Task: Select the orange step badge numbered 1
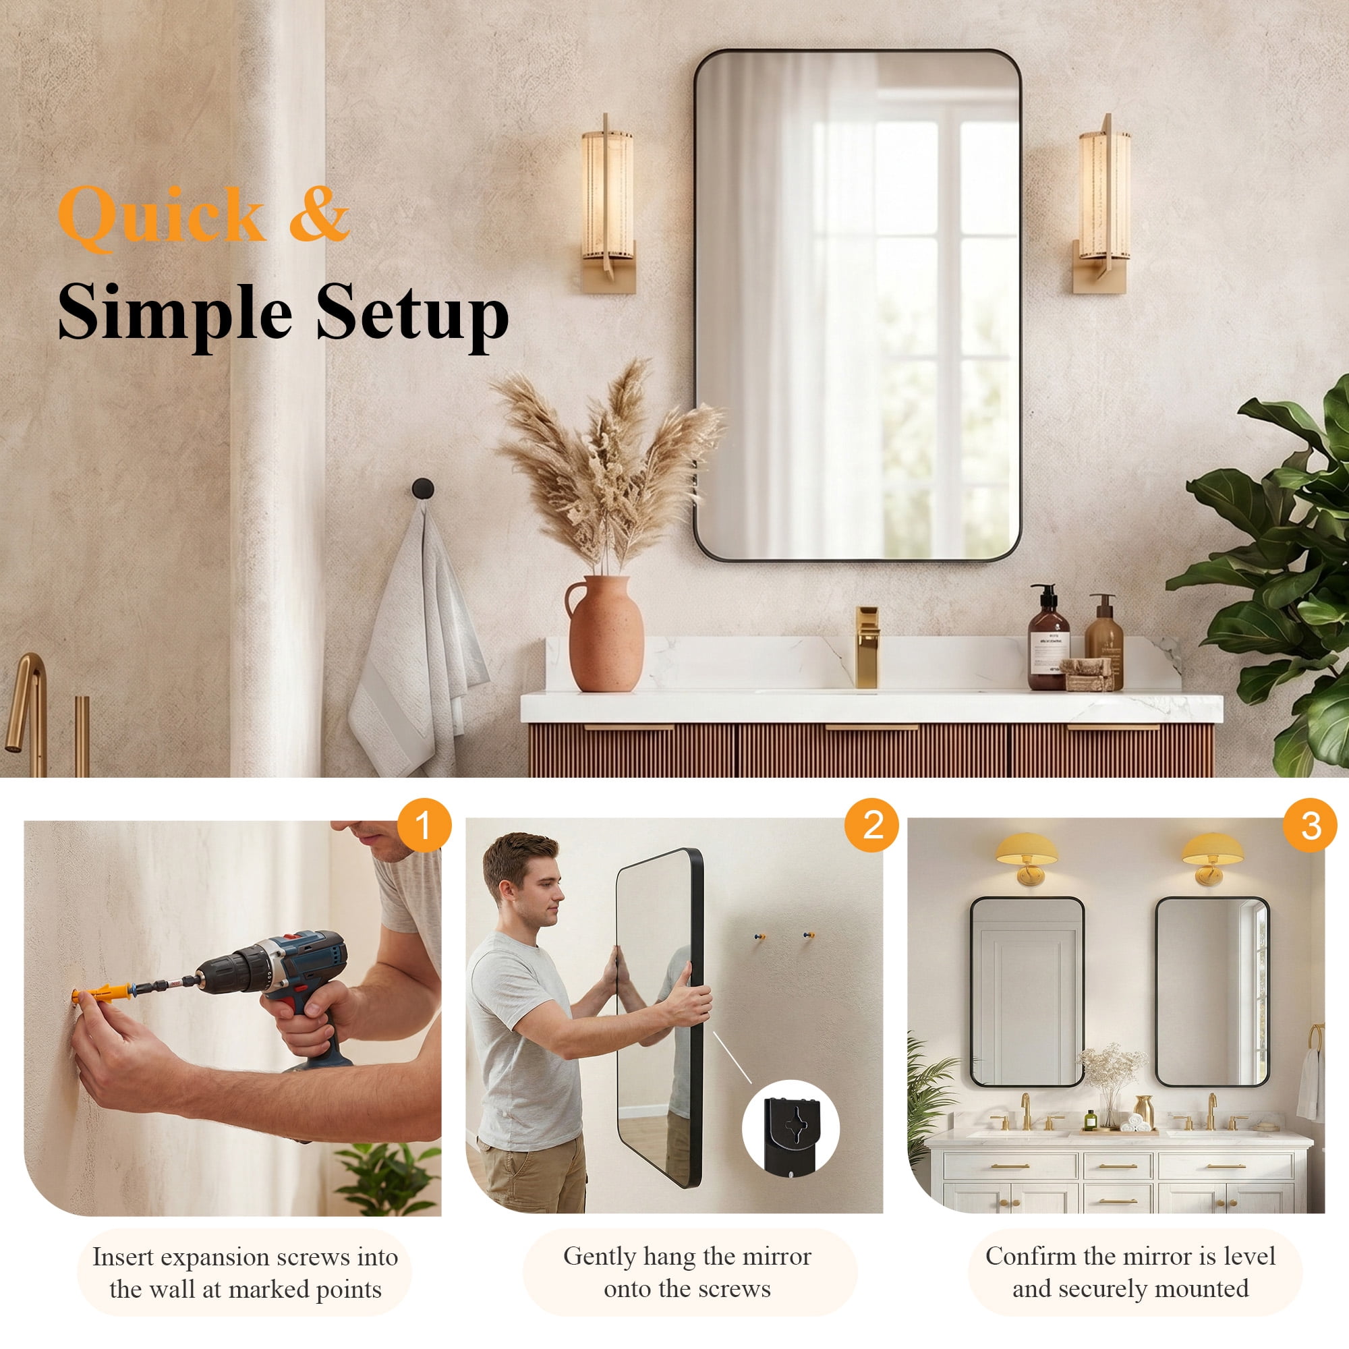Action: pyautogui.click(x=424, y=826)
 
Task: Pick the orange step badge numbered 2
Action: pyautogui.click(x=873, y=826)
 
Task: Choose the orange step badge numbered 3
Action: pyautogui.click(x=1311, y=826)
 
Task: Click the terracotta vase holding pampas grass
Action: pyautogui.click(x=604, y=633)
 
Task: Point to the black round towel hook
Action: pyautogui.click(x=422, y=488)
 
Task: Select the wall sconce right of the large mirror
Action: pyautogui.click(x=1104, y=203)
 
